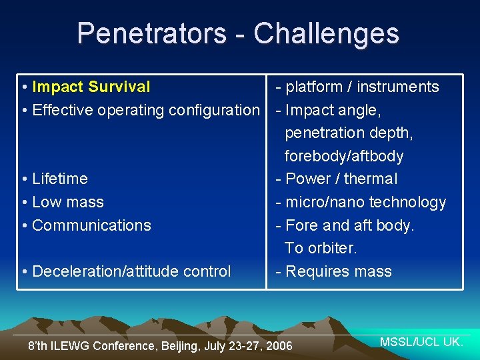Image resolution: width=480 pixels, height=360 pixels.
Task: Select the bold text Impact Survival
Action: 91,87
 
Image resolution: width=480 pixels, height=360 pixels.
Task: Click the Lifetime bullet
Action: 59,179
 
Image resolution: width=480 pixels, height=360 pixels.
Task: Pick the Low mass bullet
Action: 67,202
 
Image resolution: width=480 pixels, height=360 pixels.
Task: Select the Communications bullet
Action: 91,225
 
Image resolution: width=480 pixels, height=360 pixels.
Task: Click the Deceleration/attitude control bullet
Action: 131,271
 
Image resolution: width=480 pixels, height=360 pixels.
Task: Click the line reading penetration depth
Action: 349,133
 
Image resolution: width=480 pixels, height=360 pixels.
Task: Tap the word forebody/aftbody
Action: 344,156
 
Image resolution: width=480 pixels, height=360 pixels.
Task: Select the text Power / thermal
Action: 341,179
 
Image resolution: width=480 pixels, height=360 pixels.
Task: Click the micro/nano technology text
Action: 365,202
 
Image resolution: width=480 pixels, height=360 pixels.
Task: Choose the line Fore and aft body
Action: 349,225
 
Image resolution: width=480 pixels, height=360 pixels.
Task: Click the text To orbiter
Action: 321,248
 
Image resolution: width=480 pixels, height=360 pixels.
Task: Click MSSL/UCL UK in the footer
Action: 421,342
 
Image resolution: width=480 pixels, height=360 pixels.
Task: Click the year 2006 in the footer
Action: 279,346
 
